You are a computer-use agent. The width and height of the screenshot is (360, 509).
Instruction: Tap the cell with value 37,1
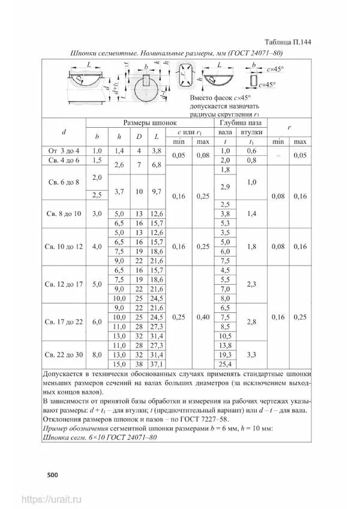(x=157, y=364)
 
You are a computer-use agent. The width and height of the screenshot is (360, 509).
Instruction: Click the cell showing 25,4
(x=226, y=364)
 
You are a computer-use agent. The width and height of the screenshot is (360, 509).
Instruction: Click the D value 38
(x=139, y=364)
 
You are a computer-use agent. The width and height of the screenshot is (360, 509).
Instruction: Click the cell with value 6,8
(x=157, y=164)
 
